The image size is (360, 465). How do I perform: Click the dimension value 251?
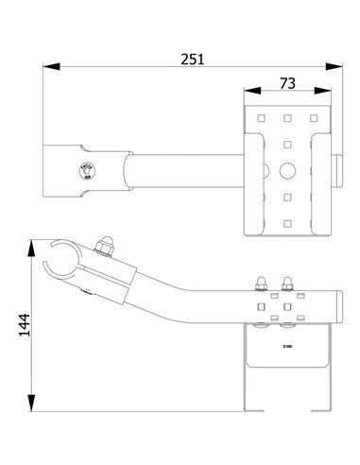pyautogui.click(x=193, y=58)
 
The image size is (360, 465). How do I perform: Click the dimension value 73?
pyautogui.click(x=287, y=83)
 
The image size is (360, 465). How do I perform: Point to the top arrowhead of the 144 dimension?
pyautogui.click(x=33, y=248)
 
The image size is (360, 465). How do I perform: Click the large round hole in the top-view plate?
pyautogui.click(x=285, y=171)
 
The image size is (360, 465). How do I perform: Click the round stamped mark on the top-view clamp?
pyautogui.click(x=80, y=170)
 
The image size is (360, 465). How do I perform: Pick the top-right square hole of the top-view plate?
pyautogui.click(x=313, y=119)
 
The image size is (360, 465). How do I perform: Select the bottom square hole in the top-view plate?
pyautogui.click(x=285, y=223)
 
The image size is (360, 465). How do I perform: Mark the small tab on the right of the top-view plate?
pyautogui.click(x=338, y=171)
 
